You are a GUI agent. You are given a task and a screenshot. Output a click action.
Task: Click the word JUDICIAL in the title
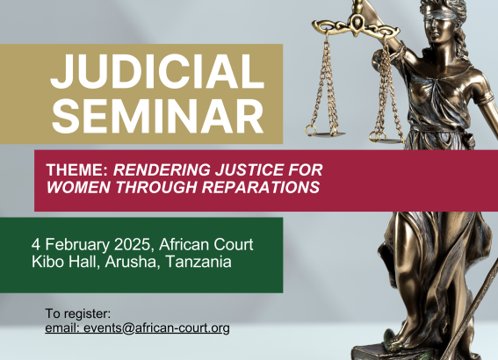pos(157,71)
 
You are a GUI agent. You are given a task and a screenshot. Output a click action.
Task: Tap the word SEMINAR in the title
pos(158,116)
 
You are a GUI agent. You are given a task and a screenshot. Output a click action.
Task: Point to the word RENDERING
pos(162,169)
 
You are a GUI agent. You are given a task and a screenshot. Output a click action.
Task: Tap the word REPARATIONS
pos(261,187)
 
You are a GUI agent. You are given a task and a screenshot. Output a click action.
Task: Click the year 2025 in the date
pos(132,244)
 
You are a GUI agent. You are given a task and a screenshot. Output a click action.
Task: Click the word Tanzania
pos(198,262)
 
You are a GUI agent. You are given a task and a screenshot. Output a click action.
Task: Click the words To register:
pos(78,314)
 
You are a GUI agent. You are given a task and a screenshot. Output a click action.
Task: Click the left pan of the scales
pos(325,134)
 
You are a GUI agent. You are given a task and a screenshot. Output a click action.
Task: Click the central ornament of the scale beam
pos(357,23)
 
